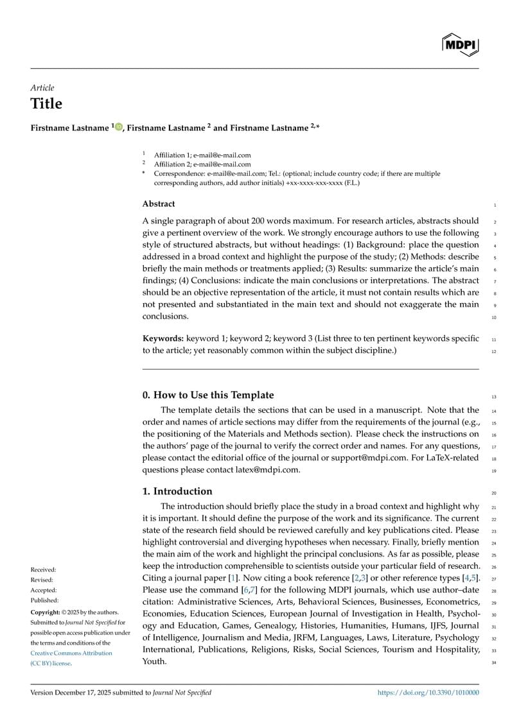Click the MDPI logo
[460, 44]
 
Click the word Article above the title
[42, 88]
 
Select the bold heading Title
[46, 104]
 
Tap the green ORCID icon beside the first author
[119, 127]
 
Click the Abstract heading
[158, 204]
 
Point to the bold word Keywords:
[163, 338]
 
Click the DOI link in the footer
[427, 693]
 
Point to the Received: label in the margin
[43, 569]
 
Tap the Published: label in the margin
[44, 600]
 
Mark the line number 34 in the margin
[494, 662]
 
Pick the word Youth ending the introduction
[154, 661]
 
